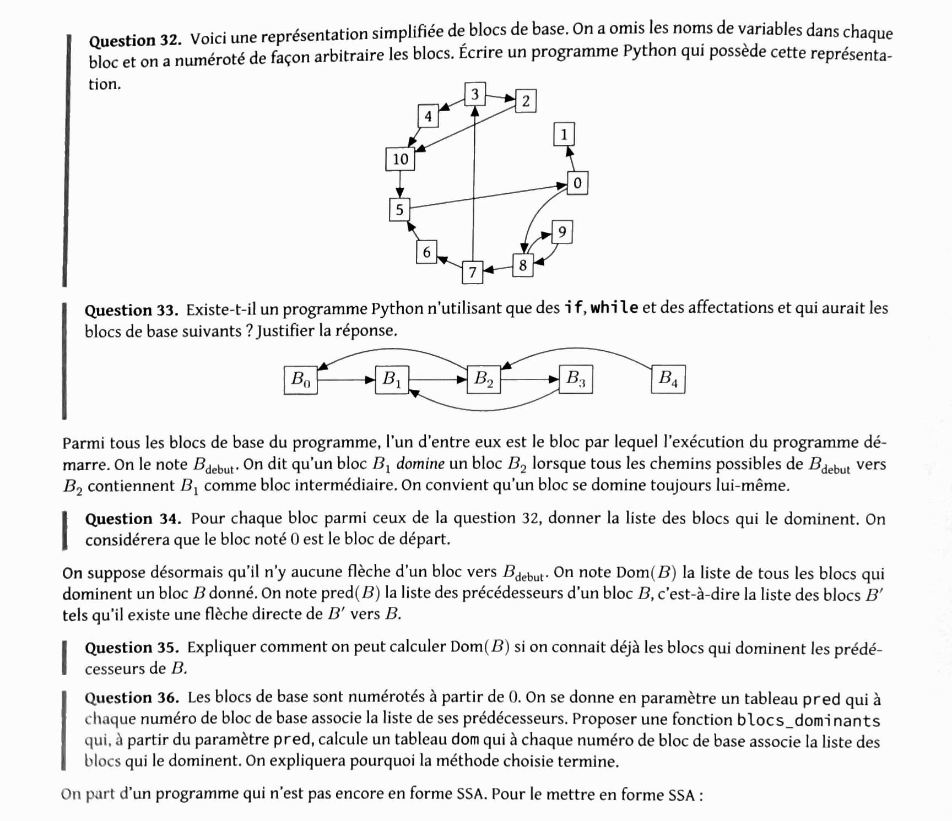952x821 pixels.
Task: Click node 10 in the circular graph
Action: tap(400, 159)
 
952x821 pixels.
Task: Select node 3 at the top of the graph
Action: tap(474, 94)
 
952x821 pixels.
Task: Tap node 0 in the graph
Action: tap(577, 183)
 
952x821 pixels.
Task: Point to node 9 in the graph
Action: tap(562, 232)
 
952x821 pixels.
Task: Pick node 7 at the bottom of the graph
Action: tap(472, 272)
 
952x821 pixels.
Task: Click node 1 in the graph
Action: tap(564, 134)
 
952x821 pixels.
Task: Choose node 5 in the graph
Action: tap(399, 210)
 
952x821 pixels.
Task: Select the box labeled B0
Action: tap(301, 379)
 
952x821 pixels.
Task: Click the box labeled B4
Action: tap(668, 379)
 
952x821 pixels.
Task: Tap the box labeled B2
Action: tap(484, 379)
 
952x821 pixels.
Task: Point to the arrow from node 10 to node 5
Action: tap(400, 184)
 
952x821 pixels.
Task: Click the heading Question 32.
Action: tap(135, 41)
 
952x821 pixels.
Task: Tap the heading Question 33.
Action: tap(131, 311)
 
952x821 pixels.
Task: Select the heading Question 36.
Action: tap(132, 698)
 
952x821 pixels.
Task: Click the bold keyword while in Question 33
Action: tap(614, 307)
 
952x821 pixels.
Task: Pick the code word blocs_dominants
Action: tap(808, 720)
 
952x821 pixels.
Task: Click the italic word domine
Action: tap(420, 464)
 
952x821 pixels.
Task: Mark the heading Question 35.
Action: tap(132, 648)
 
